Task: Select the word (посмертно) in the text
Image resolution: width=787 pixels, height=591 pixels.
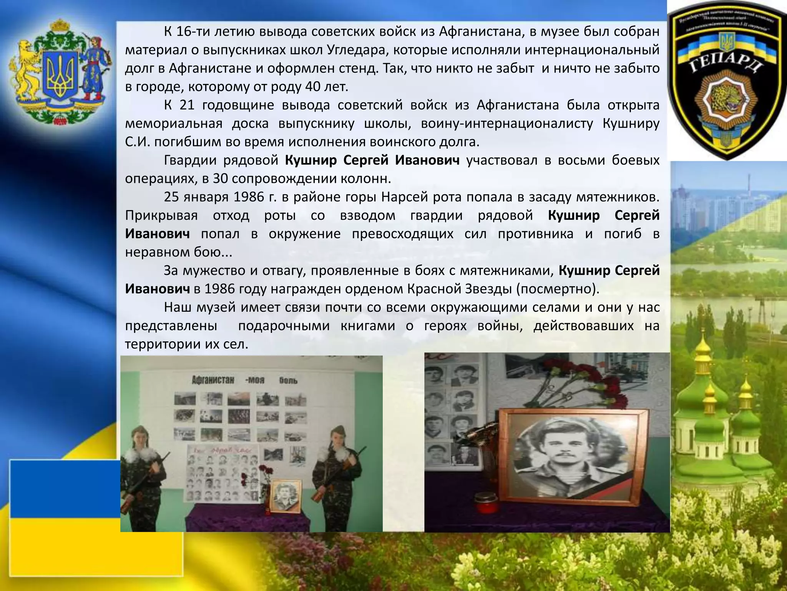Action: [x=557, y=289]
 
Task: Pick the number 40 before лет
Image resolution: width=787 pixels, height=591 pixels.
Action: [x=314, y=87]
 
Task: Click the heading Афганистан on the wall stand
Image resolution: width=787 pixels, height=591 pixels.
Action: [x=213, y=380]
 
